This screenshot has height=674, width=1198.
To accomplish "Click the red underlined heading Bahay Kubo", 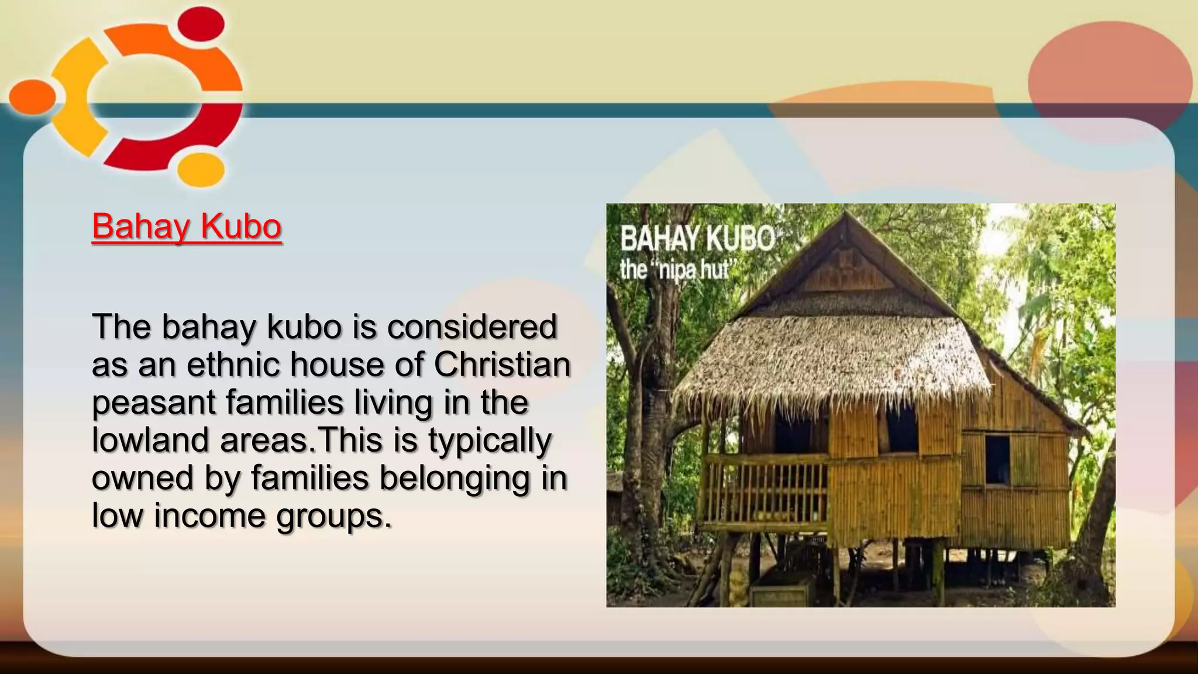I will pyautogui.click(x=187, y=227).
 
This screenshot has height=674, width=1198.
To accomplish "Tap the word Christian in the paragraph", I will pyautogui.click(x=502, y=364).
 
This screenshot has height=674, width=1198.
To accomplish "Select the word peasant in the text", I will pyautogui.click(x=154, y=404).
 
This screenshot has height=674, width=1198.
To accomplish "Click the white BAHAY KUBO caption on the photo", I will pyautogui.click(x=697, y=239).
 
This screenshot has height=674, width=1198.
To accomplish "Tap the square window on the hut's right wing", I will pyautogui.click(x=997, y=460).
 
